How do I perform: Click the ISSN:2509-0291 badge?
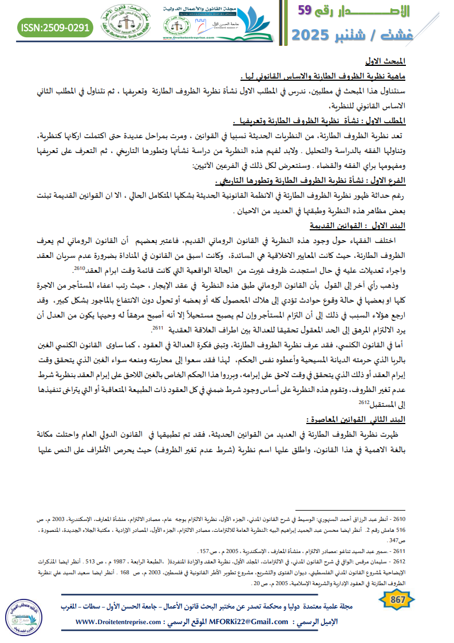point(56,26)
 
